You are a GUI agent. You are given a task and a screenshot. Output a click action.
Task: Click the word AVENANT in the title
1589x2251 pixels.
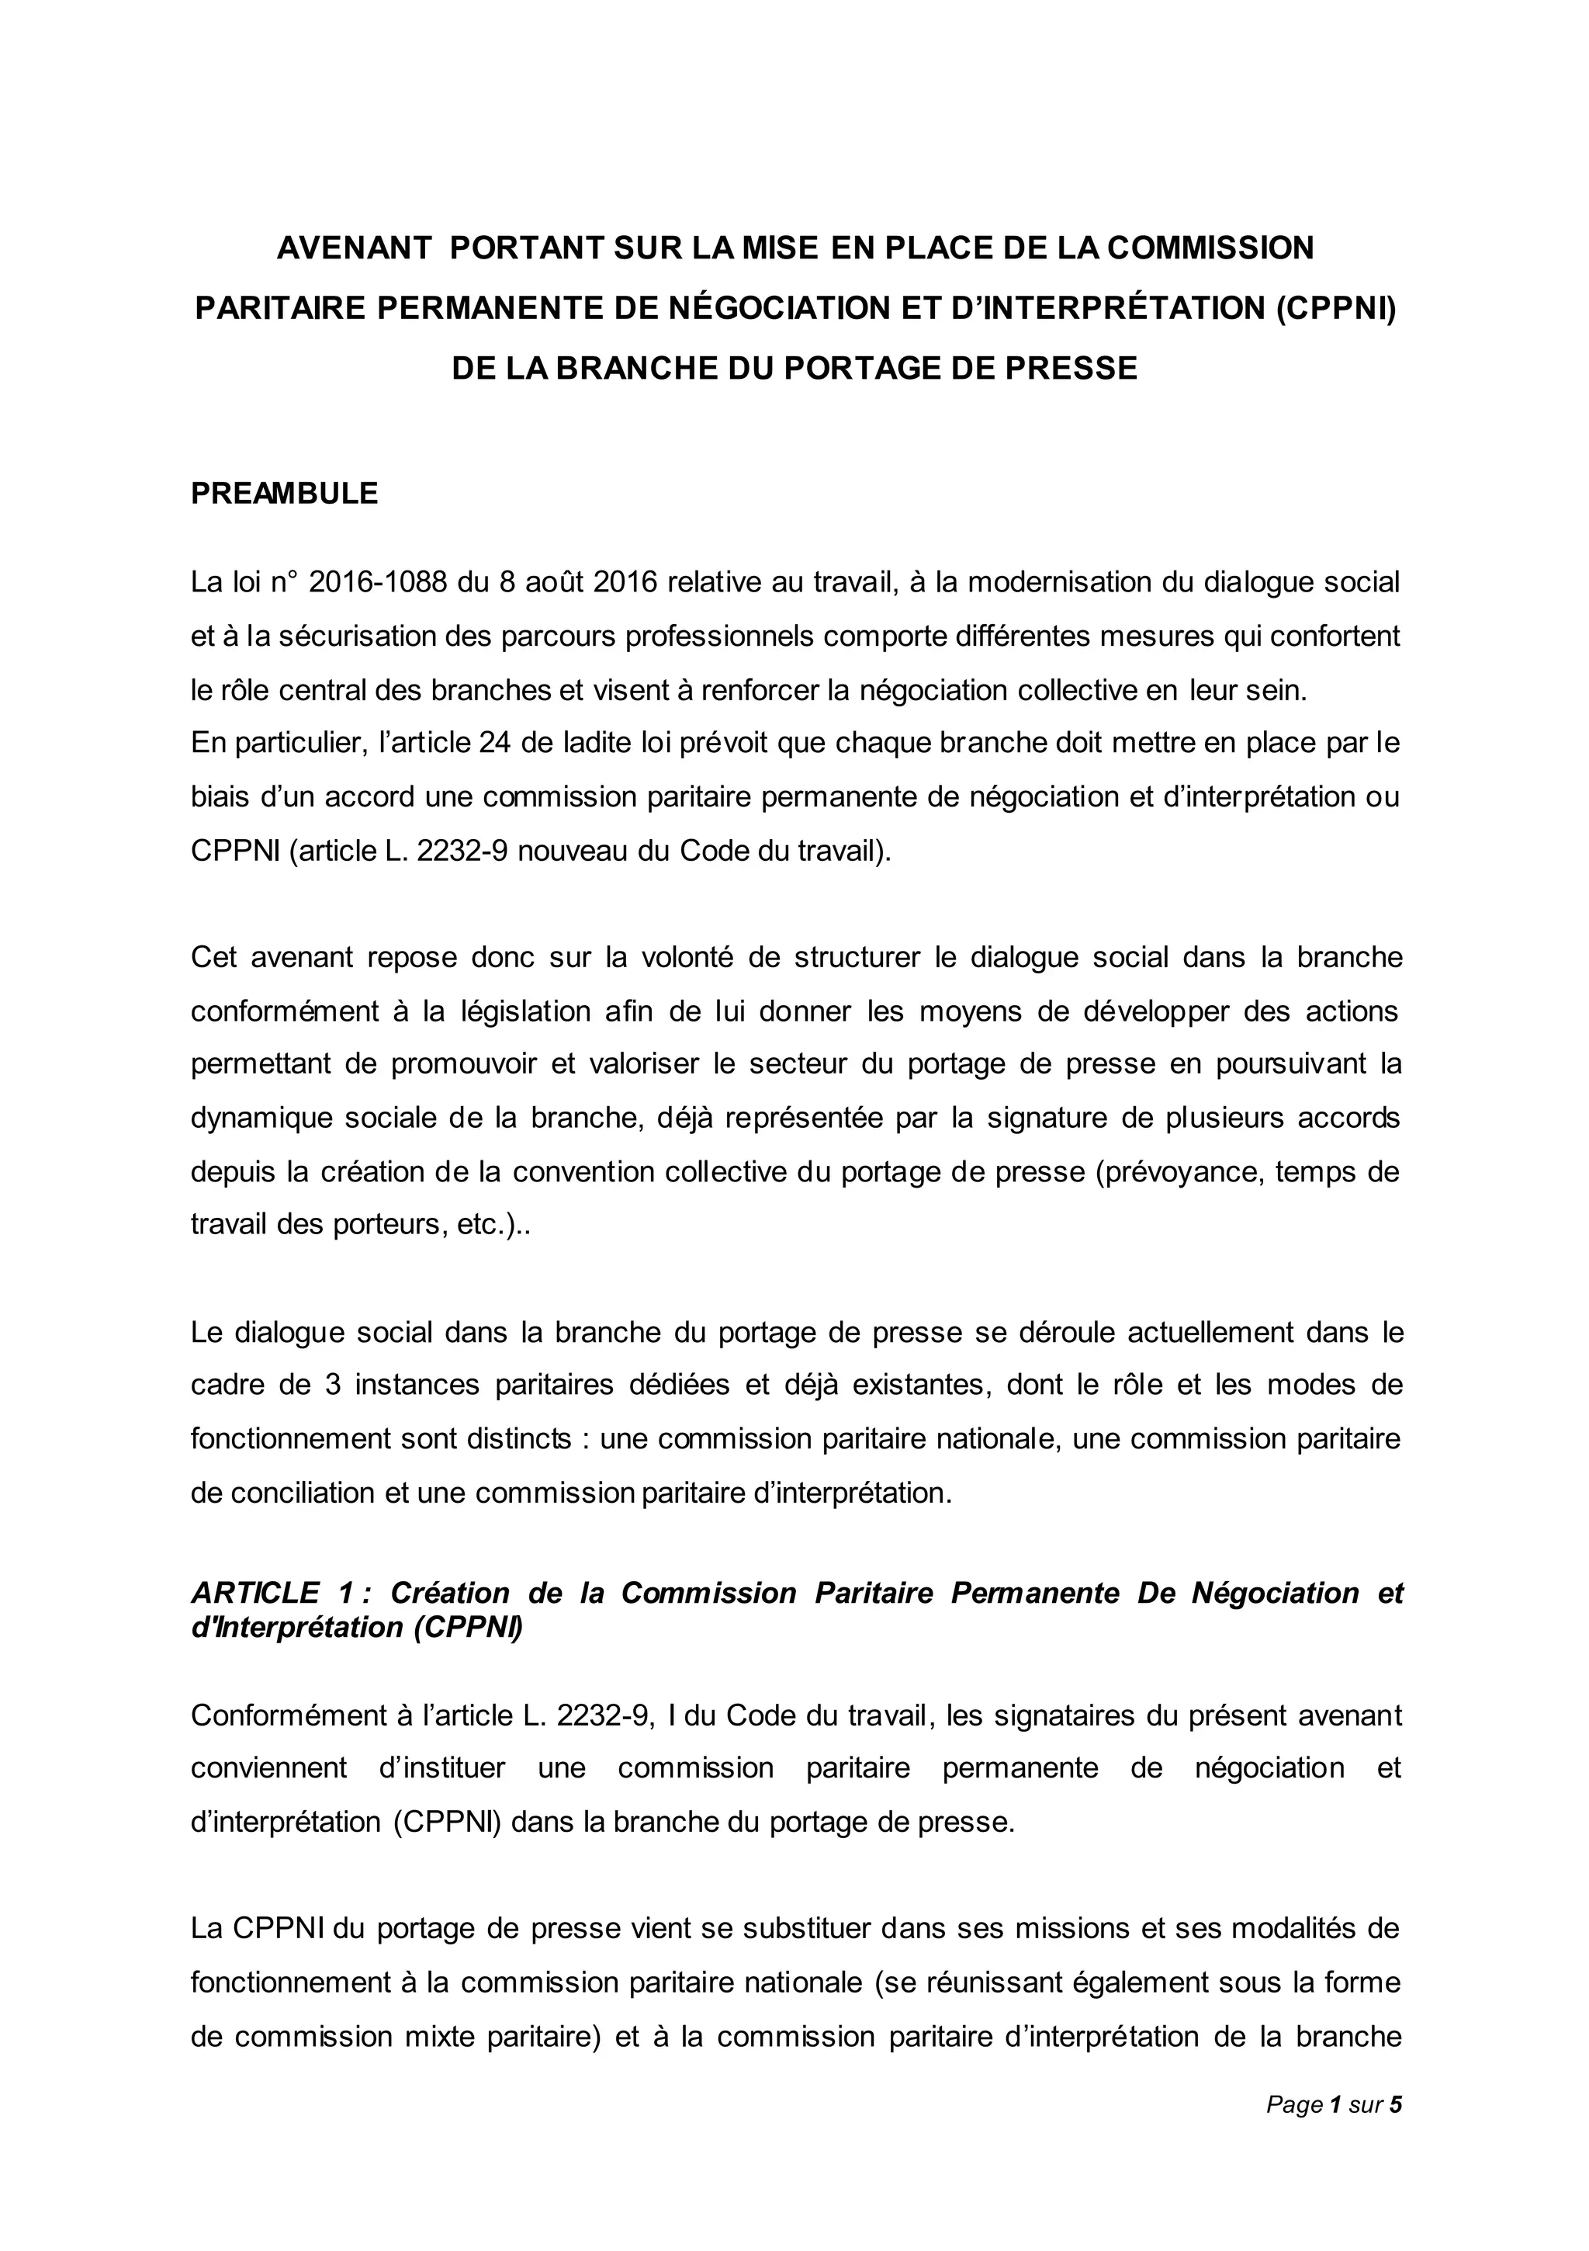354,248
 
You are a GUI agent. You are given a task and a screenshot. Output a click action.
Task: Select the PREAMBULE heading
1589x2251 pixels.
284,493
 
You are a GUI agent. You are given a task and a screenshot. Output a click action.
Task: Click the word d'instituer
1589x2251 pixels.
442,1767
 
